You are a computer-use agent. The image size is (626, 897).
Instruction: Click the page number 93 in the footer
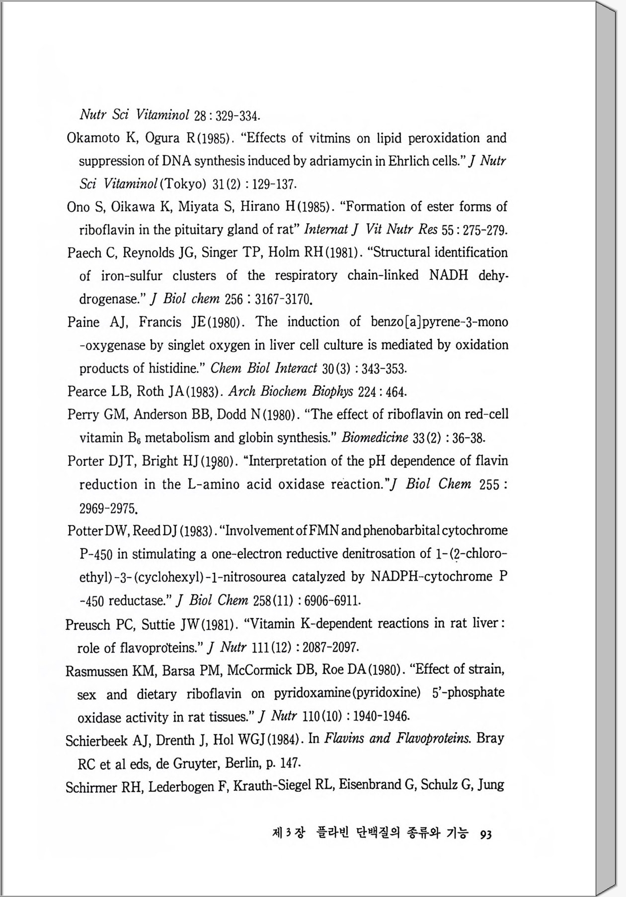click(486, 834)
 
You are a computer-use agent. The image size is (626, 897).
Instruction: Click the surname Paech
click(83, 253)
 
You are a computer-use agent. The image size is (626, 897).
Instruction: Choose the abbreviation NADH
click(449, 275)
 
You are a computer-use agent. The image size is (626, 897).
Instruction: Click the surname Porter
click(85, 461)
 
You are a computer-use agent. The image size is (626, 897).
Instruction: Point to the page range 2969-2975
click(108, 509)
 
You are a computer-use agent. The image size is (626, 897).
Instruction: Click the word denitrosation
click(369, 553)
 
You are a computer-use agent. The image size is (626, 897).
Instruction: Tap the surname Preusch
click(87, 624)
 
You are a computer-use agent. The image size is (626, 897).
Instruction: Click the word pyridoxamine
click(305, 693)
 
